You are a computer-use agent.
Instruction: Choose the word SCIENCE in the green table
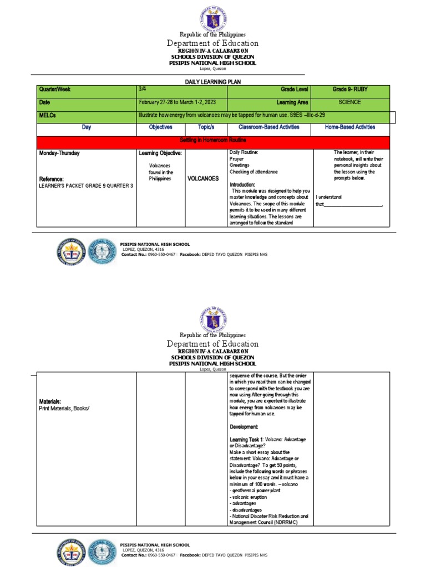(x=349, y=102)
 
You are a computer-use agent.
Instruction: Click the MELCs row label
(x=48, y=116)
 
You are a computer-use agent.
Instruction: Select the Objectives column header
(x=160, y=127)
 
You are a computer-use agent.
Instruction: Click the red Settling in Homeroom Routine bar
(x=213, y=141)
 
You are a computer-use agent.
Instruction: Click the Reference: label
(x=52, y=179)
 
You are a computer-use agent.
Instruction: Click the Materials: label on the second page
(x=50, y=401)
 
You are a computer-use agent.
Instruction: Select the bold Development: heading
(x=244, y=427)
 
